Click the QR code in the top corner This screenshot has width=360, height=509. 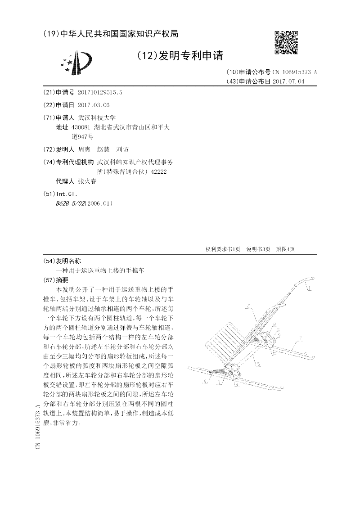point(286,42)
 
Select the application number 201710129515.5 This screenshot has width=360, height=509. point(100,92)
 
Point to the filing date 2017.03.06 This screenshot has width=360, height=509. point(94,105)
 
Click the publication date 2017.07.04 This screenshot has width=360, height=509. point(288,81)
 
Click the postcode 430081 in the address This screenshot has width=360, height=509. point(81,127)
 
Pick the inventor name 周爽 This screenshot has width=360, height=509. point(84,149)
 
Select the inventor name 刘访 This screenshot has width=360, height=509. point(122,149)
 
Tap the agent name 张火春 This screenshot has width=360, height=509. point(87,181)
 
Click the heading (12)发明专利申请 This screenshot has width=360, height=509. point(180,55)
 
